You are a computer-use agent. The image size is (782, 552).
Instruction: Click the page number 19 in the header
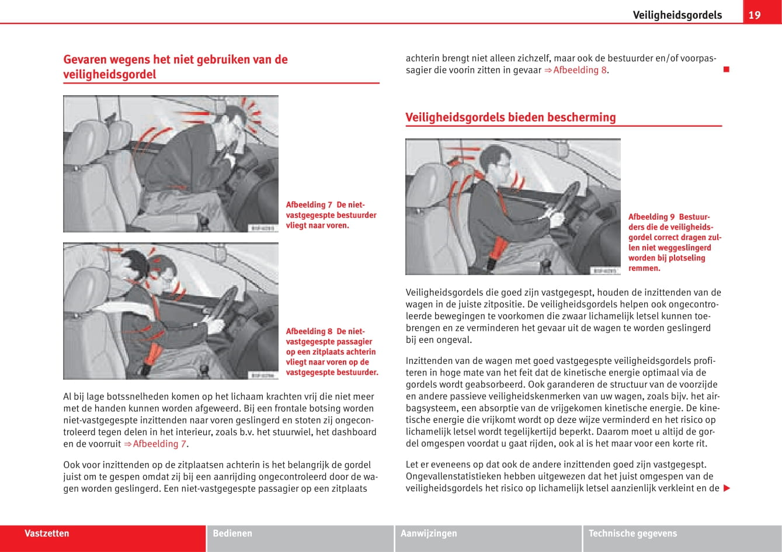pyautogui.click(x=755, y=15)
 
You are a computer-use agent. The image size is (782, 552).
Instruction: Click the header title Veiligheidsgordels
pyautogui.click(x=677, y=15)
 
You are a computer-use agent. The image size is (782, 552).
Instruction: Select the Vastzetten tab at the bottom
pyautogui.click(x=47, y=533)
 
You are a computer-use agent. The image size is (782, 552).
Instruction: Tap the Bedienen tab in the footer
pyautogui.click(x=232, y=533)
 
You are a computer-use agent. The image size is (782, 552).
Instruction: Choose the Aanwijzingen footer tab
pyautogui.click(x=429, y=533)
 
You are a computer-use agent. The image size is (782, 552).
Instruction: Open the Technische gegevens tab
pyautogui.click(x=632, y=533)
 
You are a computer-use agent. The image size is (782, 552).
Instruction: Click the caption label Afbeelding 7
pyautogui.click(x=309, y=205)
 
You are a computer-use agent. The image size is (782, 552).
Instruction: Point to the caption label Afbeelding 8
pyautogui.click(x=309, y=332)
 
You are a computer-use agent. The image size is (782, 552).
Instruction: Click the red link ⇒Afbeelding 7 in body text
pyautogui.click(x=155, y=444)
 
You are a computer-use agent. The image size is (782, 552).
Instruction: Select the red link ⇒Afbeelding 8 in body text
pyautogui.click(x=576, y=70)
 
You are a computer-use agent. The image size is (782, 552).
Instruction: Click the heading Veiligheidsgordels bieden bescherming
pyautogui.click(x=510, y=117)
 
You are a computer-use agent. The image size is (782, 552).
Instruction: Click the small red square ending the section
pyautogui.click(x=726, y=70)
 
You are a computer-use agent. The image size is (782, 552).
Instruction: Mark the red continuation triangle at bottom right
pyautogui.click(x=727, y=488)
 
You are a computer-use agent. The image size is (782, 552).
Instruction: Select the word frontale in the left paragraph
pyautogui.click(x=291, y=409)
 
